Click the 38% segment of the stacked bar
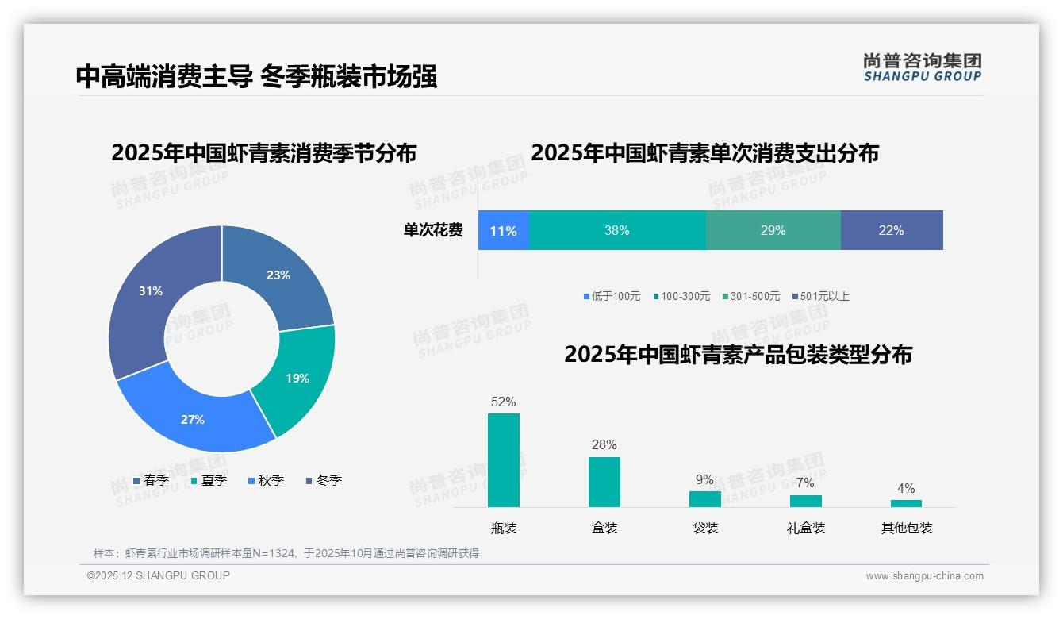(616, 230)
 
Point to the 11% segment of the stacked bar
(503, 230)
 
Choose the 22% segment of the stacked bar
(891, 230)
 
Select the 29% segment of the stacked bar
(773, 230)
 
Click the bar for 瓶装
(503, 460)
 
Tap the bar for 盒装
(604, 482)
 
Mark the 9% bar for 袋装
(704, 499)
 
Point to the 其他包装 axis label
(906, 528)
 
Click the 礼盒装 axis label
(805, 528)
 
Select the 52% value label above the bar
(503, 402)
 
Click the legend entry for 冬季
(324, 480)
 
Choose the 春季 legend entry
(151, 480)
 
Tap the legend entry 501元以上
(820, 296)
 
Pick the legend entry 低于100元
(612, 296)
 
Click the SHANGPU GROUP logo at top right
(922, 67)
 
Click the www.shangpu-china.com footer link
(924, 575)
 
